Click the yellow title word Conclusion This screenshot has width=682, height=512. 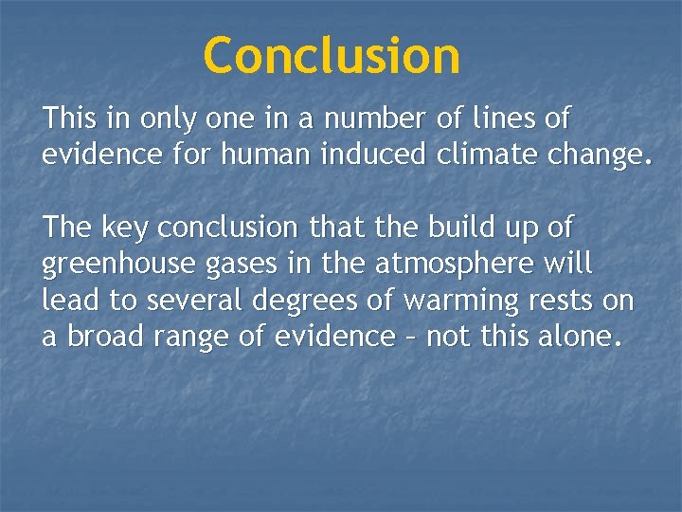coord(332,55)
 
